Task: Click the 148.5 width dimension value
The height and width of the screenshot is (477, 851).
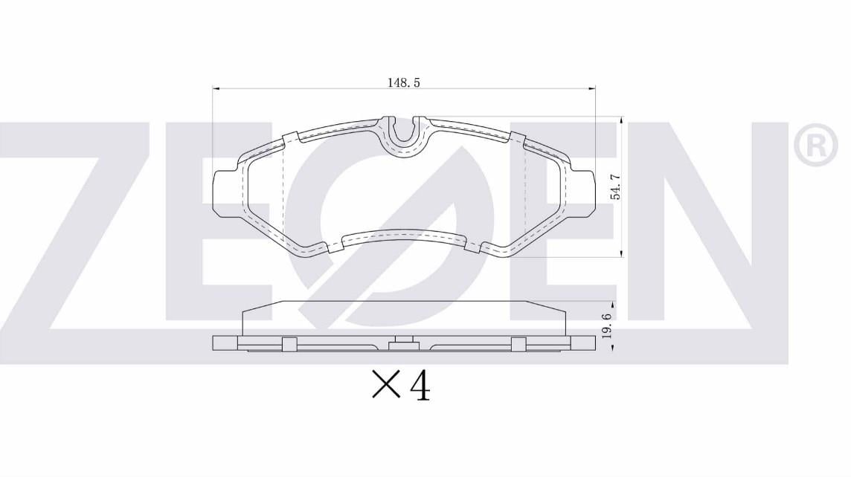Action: [x=403, y=83]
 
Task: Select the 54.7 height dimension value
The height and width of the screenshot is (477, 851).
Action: [x=615, y=186]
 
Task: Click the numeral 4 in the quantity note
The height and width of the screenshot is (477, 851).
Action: [x=420, y=386]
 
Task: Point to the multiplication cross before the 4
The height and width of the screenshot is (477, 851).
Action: [x=386, y=386]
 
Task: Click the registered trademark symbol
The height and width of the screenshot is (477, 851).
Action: [x=816, y=143]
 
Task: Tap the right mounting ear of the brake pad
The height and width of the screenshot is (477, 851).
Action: [x=582, y=193]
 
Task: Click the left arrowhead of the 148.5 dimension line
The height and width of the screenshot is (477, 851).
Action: [x=216, y=87]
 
